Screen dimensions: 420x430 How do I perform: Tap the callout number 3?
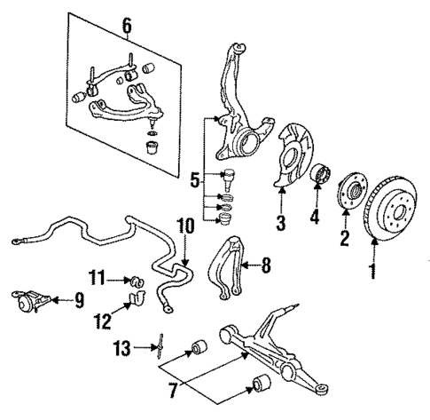(279, 222)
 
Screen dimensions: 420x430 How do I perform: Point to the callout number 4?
(312, 215)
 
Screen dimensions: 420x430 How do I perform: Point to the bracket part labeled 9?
(30, 304)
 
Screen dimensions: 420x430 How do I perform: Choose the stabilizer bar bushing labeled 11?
(137, 281)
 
